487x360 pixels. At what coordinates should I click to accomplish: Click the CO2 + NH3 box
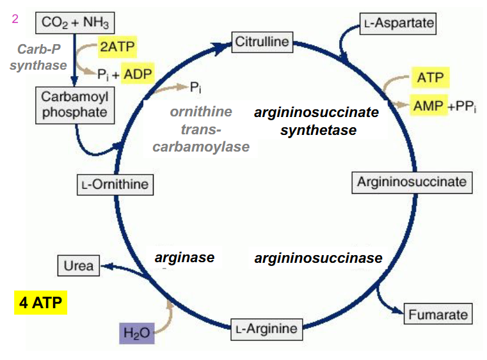75,24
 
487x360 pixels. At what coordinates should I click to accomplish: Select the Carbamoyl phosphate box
75,106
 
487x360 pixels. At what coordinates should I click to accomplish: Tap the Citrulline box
262,43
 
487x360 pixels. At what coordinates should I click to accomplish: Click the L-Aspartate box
397,24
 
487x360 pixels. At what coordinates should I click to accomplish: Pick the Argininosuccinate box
411,182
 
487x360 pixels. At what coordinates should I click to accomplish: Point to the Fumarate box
438,315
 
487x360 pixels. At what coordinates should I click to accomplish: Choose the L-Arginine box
266,329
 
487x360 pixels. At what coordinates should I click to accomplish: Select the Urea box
79,265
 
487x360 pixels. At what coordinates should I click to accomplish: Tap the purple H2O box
136,333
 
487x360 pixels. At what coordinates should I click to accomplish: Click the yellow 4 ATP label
40,302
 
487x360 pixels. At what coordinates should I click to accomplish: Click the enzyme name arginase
184,258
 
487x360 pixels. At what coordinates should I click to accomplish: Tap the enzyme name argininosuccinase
318,258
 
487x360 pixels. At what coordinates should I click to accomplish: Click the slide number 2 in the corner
15,19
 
